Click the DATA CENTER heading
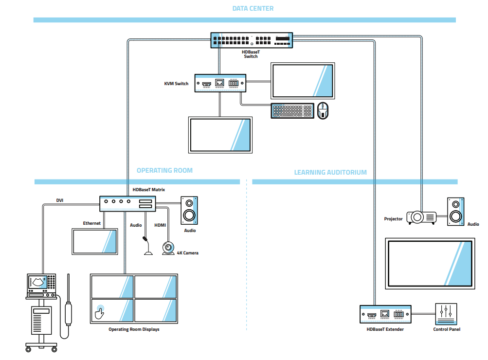click(253, 8)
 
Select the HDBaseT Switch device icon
click(251, 40)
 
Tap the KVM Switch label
click(176, 84)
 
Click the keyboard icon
click(292, 110)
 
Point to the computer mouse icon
click(323, 111)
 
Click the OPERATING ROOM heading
click(164, 170)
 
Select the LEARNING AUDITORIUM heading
click(330, 172)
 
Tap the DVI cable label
click(60, 200)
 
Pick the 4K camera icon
click(168, 249)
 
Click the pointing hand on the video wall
click(100, 312)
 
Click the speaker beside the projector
click(456, 212)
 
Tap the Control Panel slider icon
click(447, 314)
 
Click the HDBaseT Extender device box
click(385, 314)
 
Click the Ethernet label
click(92, 223)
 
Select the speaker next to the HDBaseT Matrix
click(189, 210)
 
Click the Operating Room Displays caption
click(134, 329)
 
